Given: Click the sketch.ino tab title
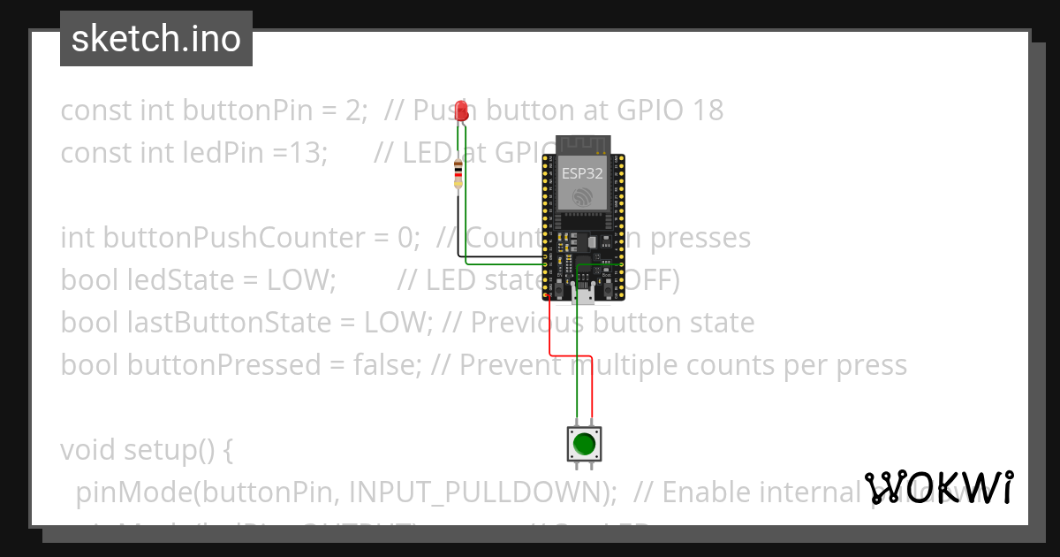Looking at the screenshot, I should click(x=156, y=39).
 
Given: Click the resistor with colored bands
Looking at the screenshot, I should click(x=457, y=175).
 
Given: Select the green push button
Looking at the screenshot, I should click(x=581, y=443).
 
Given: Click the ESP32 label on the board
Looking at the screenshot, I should click(x=582, y=173).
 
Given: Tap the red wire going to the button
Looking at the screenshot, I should click(x=550, y=327).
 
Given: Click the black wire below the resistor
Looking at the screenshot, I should click(x=458, y=225).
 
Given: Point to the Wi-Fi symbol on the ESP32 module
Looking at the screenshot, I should click(x=582, y=197).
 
